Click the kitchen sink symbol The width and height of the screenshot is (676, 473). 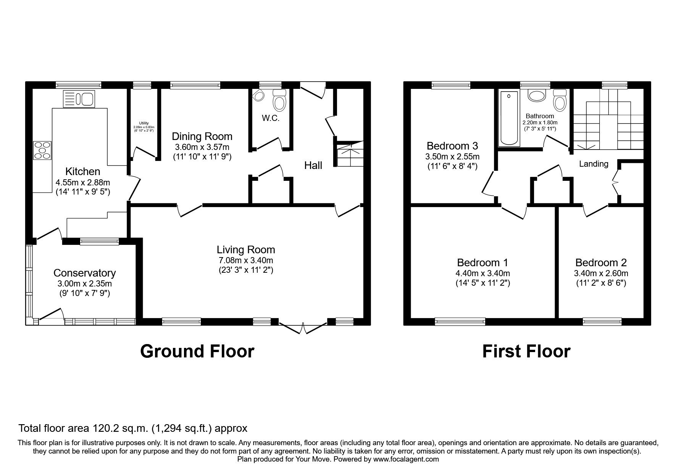point(79,99)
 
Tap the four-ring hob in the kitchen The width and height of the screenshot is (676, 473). point(42,150)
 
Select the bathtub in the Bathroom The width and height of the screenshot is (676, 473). point(509,118)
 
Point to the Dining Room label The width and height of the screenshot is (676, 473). point(202,137)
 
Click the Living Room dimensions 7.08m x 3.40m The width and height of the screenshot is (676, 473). point(246,261)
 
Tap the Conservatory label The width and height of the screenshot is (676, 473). point(84,273)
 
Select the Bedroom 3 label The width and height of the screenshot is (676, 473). point(452,146)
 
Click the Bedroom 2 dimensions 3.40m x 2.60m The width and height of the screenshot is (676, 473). point(601,274)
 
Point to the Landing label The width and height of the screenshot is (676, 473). point(594,164)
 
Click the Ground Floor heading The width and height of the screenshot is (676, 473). point(197,351)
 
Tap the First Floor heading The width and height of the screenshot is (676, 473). point(526,351)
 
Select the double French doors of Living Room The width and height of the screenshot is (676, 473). point(303,327)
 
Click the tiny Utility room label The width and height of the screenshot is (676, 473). point(144,123)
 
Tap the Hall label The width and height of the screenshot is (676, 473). point(313,166)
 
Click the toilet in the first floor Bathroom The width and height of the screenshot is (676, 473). point(560,100)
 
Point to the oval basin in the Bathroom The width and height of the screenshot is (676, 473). point(537,96)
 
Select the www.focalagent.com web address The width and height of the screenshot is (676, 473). point(406,459)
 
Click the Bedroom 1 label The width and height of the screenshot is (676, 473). point(482,262)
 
